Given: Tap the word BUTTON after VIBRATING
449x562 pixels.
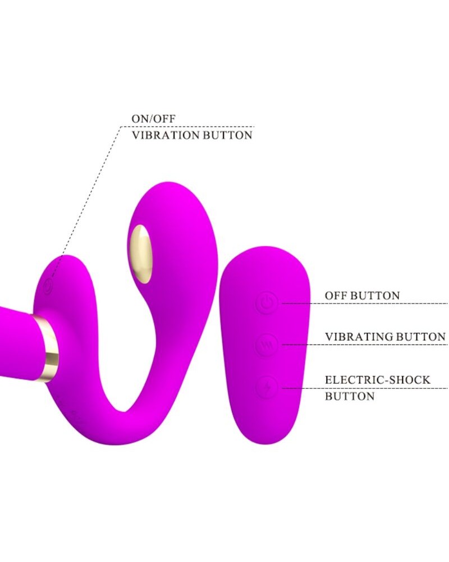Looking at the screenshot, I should coord(423,337).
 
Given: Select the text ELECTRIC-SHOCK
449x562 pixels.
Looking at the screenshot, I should coord(377,380).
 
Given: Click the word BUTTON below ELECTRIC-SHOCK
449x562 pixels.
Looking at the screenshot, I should coord(350,396).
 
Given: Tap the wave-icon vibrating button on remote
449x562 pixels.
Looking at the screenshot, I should coord(268,345).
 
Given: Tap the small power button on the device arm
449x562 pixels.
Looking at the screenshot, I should coord(48,284).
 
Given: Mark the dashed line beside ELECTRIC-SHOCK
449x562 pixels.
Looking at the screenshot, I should coord(303,388).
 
